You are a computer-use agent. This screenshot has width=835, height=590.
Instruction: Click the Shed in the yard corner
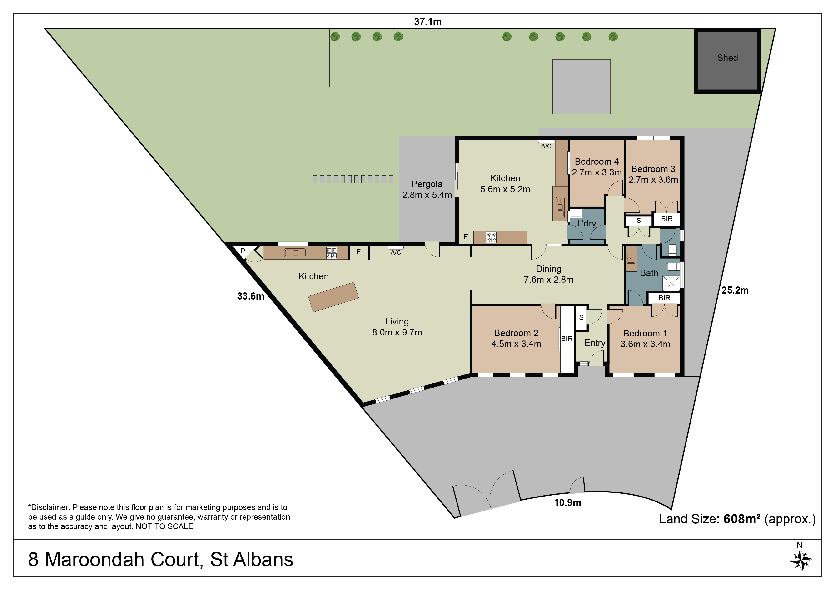pos(728,61)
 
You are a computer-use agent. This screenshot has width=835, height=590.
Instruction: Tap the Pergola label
pos(427,184)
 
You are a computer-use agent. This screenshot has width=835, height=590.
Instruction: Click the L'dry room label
pos(586,224)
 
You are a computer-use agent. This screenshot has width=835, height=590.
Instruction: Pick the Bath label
pos(649,273)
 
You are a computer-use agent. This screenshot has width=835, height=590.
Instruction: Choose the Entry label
pos(595,343)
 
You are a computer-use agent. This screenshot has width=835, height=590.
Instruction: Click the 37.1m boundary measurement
pos(428,22)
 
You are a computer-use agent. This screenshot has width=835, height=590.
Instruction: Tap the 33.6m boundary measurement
pos(251,296)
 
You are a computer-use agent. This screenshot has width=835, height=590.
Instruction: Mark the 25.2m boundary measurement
pos(735,290)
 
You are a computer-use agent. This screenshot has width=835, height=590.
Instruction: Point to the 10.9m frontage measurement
pos(567,503)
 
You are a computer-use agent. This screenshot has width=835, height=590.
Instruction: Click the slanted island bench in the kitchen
pos(333,297)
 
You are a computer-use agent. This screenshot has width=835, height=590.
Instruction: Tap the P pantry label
pos(243,251)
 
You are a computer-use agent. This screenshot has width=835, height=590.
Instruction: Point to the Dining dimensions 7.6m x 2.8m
pos(548,280)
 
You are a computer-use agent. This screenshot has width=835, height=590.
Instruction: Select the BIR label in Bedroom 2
pos(567,339)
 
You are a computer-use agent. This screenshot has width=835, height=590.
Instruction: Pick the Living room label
pos(397,322)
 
